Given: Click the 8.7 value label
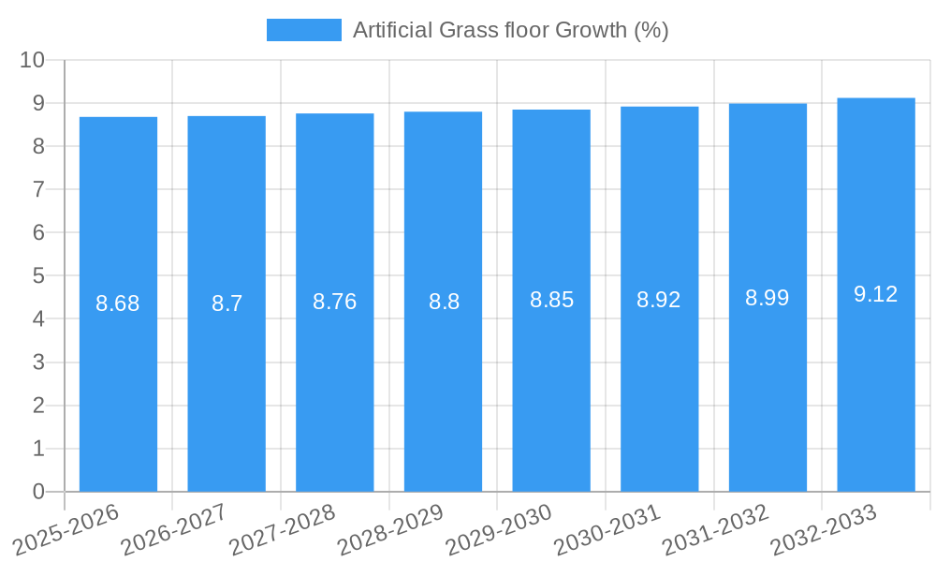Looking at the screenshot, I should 227,303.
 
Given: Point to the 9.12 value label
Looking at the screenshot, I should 876,294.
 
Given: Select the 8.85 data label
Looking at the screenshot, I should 551,300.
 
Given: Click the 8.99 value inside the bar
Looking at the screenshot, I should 768,298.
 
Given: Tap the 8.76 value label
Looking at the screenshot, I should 335,302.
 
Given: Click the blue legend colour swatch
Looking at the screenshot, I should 304,30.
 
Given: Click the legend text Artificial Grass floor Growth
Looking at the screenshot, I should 510,30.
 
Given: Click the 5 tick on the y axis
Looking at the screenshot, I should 38,276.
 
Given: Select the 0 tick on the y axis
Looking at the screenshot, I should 38,492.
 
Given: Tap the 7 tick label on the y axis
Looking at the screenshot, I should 38,189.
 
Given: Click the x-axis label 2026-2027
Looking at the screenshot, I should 174,529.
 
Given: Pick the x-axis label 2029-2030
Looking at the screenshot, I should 499,529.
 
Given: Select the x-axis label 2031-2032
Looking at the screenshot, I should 716,529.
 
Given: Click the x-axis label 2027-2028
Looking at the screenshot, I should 283,529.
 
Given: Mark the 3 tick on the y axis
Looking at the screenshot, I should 38,362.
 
